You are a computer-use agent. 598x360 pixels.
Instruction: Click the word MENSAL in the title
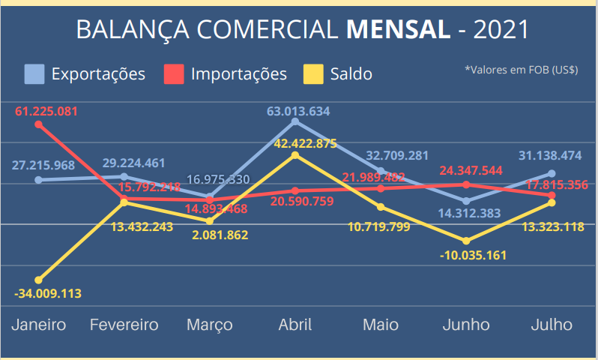[x=399, y=29]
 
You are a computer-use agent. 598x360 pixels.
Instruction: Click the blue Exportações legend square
[x=34, y=73]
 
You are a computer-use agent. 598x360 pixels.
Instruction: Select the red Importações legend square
[x=174, y=73]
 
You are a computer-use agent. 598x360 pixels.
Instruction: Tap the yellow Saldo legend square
[x=312, y=73]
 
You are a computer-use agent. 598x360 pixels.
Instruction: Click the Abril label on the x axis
[x=295, y=325]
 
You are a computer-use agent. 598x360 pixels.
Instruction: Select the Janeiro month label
[x=39, y=325]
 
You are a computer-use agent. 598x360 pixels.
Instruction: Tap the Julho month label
[x=552, y=325]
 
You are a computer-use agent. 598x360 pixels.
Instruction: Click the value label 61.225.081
[x=46, y=112]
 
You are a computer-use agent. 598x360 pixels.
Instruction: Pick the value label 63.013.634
[x=298, y=111]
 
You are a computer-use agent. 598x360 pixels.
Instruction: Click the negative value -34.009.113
[x=47, y=293]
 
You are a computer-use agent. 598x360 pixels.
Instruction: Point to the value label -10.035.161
[x=473, y=255]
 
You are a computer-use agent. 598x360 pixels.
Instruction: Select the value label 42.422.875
[x=295, y=144]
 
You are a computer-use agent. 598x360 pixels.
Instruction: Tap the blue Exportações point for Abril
[x=295, y=121]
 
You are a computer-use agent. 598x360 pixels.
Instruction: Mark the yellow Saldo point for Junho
[x=466, y=241]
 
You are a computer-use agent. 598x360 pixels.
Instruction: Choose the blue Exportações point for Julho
[x=552, y=173]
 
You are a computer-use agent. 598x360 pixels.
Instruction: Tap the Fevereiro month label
[x=124, y=325]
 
